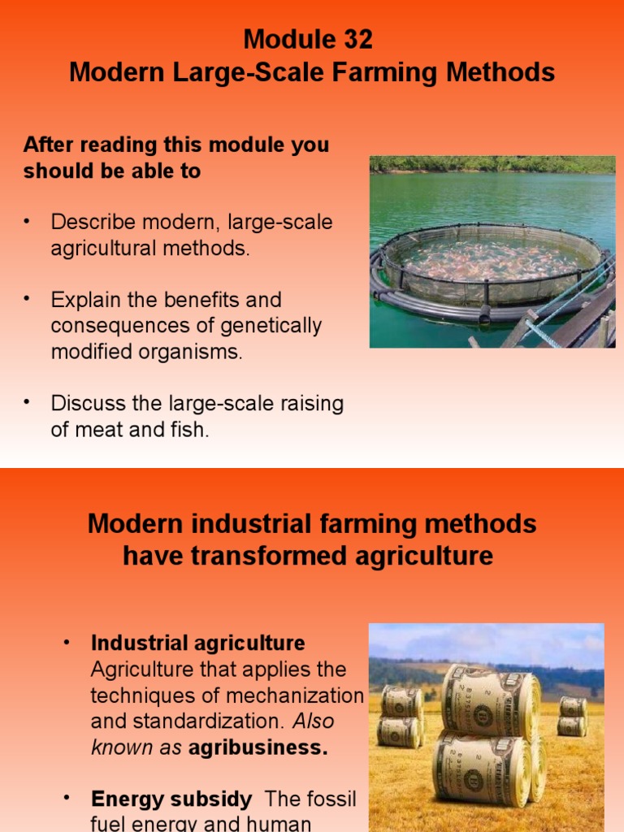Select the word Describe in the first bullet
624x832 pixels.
pyautogui.click(x=97, y=223)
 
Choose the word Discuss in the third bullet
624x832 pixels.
pyautogui.click(x=89, y=403)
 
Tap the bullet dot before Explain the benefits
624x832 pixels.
pyautogui.click(x=27, y=300)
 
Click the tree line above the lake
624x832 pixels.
pyautogui.click(x=492, y=164)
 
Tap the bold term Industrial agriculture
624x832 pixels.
pyautogui.click(x=197, y=643)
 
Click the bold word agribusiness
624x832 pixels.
pyautogui.click(x=258, y=748)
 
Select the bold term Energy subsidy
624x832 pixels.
pyautogui.click(x=171, y=799)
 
